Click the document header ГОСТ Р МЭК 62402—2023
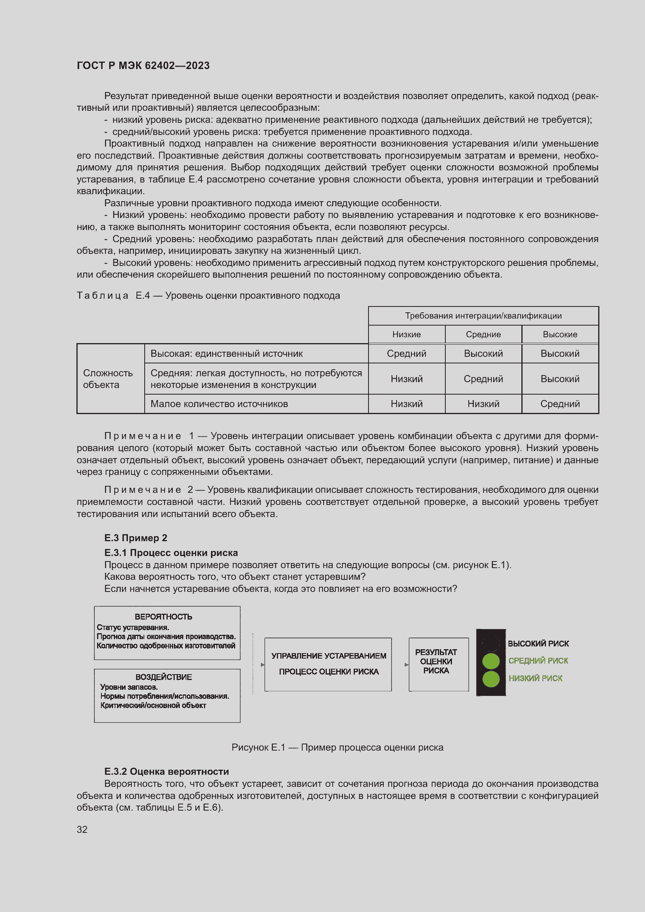143,66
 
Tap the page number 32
82,829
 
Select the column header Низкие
406,335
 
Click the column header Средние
483,335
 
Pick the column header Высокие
560,335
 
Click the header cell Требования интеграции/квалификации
483,316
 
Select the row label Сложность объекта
108,379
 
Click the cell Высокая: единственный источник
227,354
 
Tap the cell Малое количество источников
219,404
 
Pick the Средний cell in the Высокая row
406,354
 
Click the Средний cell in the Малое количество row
560,404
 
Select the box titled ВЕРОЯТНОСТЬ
167,632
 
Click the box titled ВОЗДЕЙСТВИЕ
167,695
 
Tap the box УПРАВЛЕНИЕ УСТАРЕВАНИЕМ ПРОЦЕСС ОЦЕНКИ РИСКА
328,664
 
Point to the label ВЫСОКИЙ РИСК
538,643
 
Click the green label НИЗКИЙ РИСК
535,678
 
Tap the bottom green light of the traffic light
491,679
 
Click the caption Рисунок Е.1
337,747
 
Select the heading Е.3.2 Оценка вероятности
167,771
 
